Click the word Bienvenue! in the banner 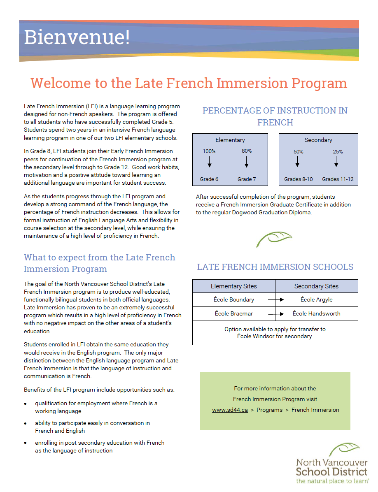(x=77, y=37)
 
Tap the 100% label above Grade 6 (x=209, y=151)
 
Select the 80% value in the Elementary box (x=247, y=151)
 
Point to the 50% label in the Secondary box (x=299, y=151)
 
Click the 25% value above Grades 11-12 (x=338, y=151)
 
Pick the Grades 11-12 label (x=338, y=179)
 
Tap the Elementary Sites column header (x=233, y=286)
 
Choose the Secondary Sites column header (x=316, y=286)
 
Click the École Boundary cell (x=233, y=299)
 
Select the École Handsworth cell (x=316, y=313)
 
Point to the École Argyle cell (x=316, y=299)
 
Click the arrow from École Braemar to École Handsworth (x=276, y=314)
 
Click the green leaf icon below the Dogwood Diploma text (x=273, y=239)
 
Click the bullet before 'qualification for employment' (x=26, y=404)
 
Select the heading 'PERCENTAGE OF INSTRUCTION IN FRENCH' (x=275, y=116)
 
